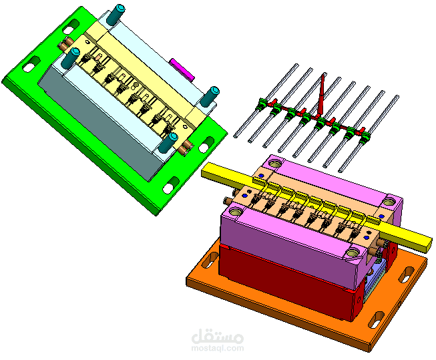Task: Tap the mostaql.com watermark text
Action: coord(218,348)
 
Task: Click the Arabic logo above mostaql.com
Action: coord(218,336)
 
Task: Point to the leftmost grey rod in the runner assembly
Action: coord(266,100)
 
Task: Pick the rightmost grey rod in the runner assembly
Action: coord(369,134)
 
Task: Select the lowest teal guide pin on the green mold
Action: coord(168,143)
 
